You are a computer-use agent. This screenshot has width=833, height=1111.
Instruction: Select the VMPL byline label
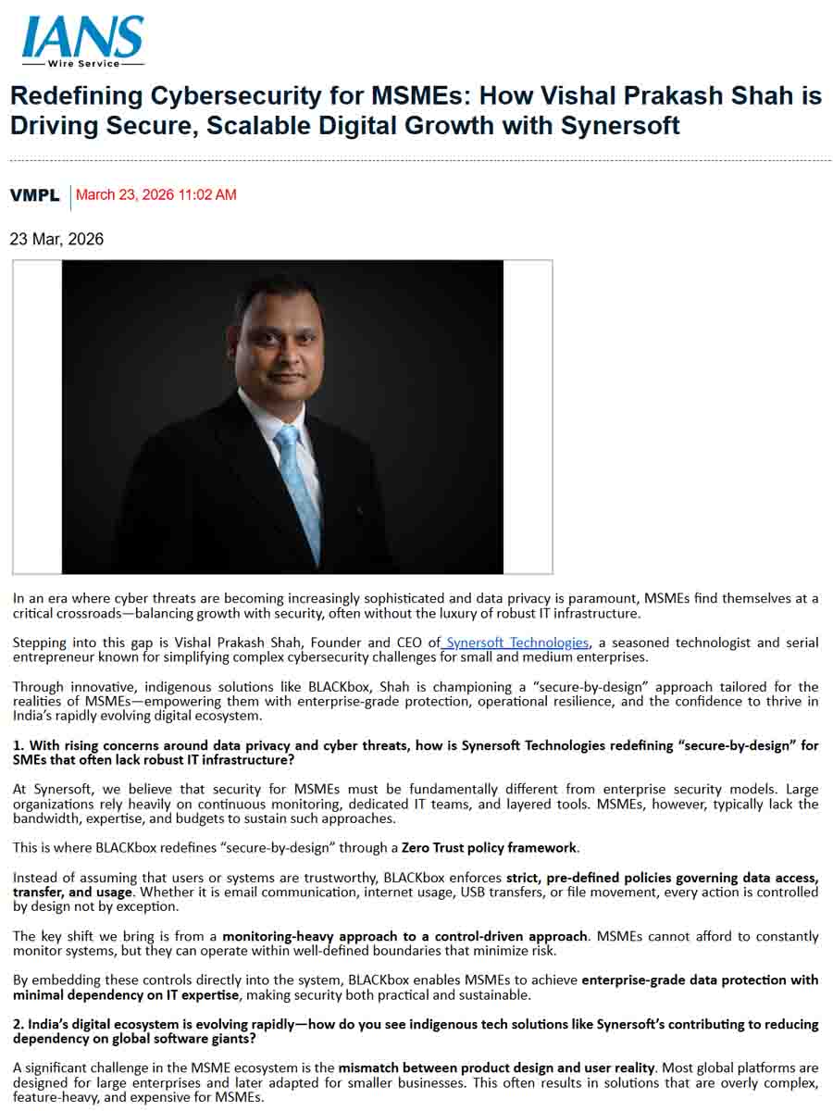[x=34, y=195]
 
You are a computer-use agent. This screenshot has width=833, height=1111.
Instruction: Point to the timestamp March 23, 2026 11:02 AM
[x=155, y=195]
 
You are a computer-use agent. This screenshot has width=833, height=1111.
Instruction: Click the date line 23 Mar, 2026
[x=56, y=240]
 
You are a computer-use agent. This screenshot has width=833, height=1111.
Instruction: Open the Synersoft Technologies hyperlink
[x=516, y=643]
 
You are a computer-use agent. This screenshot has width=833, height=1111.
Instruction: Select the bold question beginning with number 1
[x=416, y=753]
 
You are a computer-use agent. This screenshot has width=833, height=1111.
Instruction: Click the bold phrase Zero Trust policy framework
[x=489, y=847]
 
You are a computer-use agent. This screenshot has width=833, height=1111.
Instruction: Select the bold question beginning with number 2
[x=416, y=1031]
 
